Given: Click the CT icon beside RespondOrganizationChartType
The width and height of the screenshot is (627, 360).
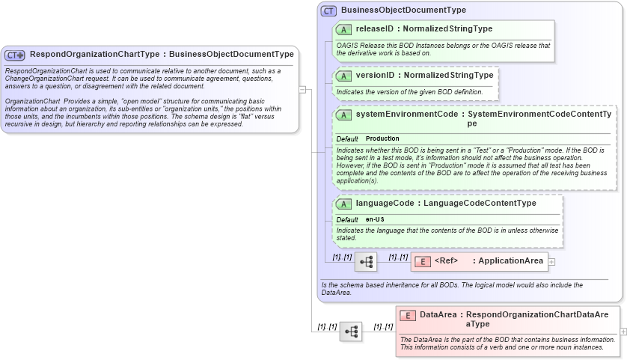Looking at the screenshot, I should point(15,55).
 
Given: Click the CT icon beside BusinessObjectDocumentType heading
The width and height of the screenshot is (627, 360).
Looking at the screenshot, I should point(328,10).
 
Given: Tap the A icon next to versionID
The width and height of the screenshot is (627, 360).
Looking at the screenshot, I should point(344,76).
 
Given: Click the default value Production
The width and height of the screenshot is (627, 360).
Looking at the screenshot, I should point(382,139).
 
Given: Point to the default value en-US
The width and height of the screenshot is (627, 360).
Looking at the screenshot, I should point(375,219).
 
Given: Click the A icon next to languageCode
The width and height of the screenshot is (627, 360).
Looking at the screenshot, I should point(344,203).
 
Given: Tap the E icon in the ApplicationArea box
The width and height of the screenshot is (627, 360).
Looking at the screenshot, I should point(422,261).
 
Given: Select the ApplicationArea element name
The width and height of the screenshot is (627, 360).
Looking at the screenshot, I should point(510,261).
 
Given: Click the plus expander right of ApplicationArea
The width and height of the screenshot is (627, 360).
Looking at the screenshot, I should point(552,261).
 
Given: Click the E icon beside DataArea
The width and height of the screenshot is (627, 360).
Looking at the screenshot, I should point(407,315).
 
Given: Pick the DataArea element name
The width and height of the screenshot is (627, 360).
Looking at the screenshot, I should point(438,315).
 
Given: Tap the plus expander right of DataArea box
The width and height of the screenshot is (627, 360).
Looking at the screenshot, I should point(623,332).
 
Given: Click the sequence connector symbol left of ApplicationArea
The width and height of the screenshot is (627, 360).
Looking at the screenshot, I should point(367,262).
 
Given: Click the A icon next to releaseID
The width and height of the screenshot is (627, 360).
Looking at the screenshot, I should point(344,29).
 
